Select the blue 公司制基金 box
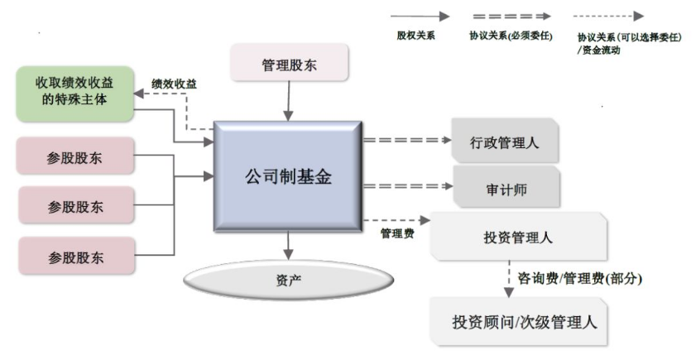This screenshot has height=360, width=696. (x=288, y=176)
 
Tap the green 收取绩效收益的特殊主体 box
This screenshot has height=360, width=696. (x=75, y=93)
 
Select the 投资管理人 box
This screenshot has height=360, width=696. (x=517, y=238)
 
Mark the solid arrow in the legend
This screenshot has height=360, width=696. (x=420, y=16)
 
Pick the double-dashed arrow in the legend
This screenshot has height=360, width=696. (x=511, y=16)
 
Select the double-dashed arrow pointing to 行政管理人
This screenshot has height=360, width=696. (x=406, y=140)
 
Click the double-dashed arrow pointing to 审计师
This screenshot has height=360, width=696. (x=406, y=185)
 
